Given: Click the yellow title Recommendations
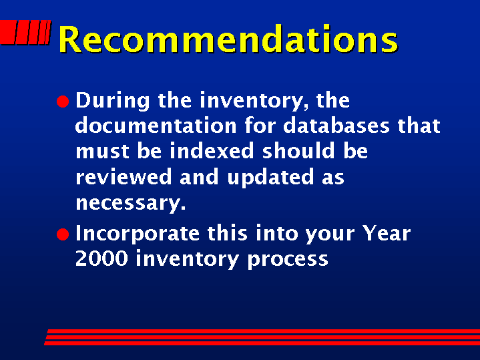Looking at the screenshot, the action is (228, 39).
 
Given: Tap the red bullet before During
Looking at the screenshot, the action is (63, 102).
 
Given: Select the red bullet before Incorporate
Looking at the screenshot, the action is (63, 234).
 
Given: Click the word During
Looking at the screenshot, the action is (113, 100).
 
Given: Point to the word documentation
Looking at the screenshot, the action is (156, 126).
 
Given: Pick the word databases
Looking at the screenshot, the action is (336, 126).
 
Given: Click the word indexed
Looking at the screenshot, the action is (212, 151).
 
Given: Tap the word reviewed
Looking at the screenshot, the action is (124, 177).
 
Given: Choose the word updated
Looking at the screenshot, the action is (270, 178).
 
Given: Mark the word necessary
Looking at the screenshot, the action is (131, 204).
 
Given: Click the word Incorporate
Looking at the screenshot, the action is (138, 234).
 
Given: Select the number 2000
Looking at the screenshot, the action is (101, 259).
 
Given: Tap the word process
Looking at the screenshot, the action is (288, 260).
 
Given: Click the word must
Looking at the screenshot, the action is (102, 152).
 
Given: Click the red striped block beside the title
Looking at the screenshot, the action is (25, 33).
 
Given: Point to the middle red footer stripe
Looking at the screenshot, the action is (262, 337).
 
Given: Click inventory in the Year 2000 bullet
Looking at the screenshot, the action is (187, 260).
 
